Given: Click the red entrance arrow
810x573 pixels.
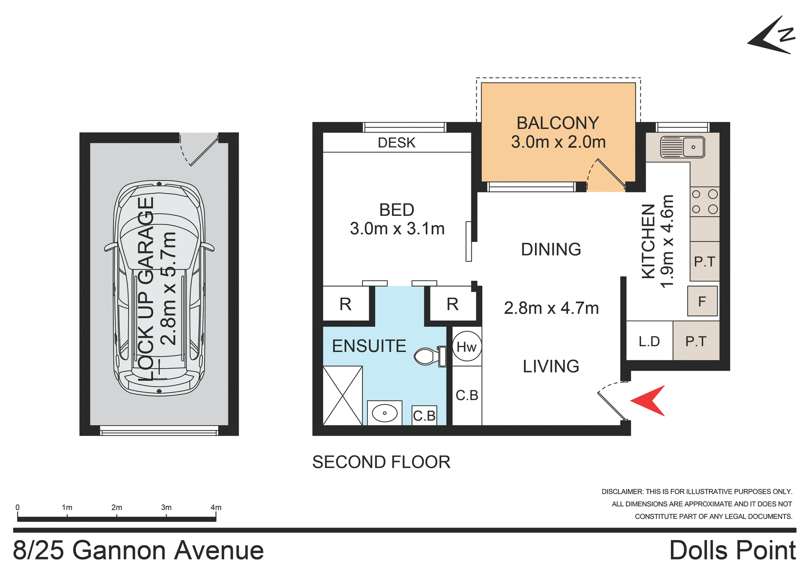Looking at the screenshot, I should [650, 401].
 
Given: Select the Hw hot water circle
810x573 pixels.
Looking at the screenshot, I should [467, 347].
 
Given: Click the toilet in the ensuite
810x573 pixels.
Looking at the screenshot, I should [429, 356].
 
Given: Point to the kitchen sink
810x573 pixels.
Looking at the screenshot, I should [682, 147].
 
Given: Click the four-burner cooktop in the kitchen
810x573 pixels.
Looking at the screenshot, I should [705, 201].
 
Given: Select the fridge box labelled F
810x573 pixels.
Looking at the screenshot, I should [702, 301].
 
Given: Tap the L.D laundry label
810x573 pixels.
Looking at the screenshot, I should [649, 341].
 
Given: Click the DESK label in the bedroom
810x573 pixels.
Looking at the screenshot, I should [397, 143].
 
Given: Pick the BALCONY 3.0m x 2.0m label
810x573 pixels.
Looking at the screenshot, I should [558, 132].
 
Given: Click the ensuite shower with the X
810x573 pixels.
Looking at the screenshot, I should [343, 395].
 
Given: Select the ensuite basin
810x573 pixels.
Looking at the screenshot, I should [384, 413].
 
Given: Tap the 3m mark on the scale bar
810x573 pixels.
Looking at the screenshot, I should [166, 508].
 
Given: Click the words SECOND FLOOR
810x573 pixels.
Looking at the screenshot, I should [381, 462].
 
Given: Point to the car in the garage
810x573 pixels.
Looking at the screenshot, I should [159, 288].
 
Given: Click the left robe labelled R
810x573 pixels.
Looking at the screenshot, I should [345, 304].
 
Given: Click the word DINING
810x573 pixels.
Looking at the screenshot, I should [551, 250].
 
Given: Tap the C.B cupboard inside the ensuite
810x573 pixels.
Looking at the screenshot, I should [424, 415].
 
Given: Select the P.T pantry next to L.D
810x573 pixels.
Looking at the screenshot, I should [696, 341].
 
